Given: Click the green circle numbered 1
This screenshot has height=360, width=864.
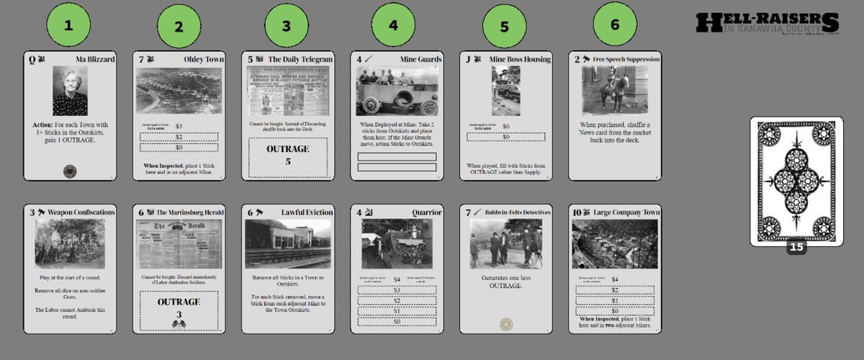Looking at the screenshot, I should pyautogui.click(x=68, y=24).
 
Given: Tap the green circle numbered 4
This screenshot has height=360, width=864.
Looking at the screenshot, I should pyautogui.click(x=392, y=24).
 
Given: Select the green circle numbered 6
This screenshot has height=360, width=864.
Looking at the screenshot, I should pyautogui.click(x=614, y=24).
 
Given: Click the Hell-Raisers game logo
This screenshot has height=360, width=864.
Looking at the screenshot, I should pyautogui.click(x=768, y=23).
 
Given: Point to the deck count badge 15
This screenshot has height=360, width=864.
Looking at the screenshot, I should pyautogui.click(x=796, y=246).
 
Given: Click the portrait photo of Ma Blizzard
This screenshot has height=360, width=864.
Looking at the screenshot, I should pyautogui.click(x=70, y=91).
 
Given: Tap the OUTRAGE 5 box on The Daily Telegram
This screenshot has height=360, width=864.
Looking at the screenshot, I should pyautogui.click(x=287, y=155).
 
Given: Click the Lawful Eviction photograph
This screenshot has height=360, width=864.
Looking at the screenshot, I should pyautogui.click(x=287, y=243).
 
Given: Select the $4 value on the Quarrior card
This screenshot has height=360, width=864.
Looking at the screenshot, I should pyautogui.click(x=397, y=279).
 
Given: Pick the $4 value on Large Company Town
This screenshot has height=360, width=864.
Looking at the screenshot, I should pyautogui.click(x=614, y=279).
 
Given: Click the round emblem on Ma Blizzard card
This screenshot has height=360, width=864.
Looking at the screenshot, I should pyautogui.click(x=70, y=171).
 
